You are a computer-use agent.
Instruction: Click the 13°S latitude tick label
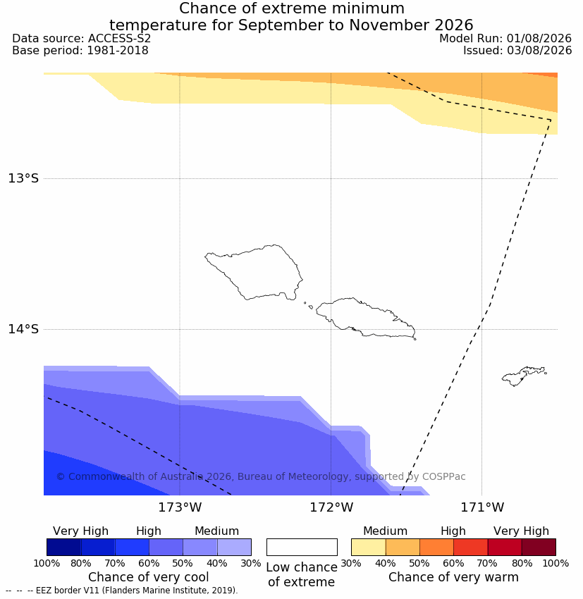pyautogui.click(x=23, y=178)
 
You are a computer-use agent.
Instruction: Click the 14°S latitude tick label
pyautogui.click(x=23, y=329)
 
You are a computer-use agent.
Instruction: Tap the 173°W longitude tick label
pyautogui.click(x=180, y=507)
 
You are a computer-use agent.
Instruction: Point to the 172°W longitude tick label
pyautogui.click(x=331, y=507)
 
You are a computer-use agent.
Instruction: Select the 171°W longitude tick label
pyautogui.click(x=482, y=507)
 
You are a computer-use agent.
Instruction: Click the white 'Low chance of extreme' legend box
pyautogui.click(x=302, y=547)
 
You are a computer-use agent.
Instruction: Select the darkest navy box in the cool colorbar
pyautogui.click(x=64, y=547)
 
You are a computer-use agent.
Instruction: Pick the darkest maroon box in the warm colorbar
pyautogui.click(x=539, y=547)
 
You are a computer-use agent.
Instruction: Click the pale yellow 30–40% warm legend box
pyautogui.click(x=368, y=547)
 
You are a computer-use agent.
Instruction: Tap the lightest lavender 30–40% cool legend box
pyautogui.click(x=234, y=547)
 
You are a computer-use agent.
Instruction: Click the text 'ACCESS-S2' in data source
pyautogui.click(x=119, y=39)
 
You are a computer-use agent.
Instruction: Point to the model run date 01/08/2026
pyautogui.click(x=539, y=39)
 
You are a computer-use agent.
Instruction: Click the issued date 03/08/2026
pyautogui.click(x=539, y=51)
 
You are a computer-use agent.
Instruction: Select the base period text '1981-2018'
pyautogui.click(x=118, y=51)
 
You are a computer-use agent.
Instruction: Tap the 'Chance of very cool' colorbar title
pyautogui.click(x=149, y=577)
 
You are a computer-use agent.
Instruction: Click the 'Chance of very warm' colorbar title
pyautogui.click(x=453, y=577)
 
